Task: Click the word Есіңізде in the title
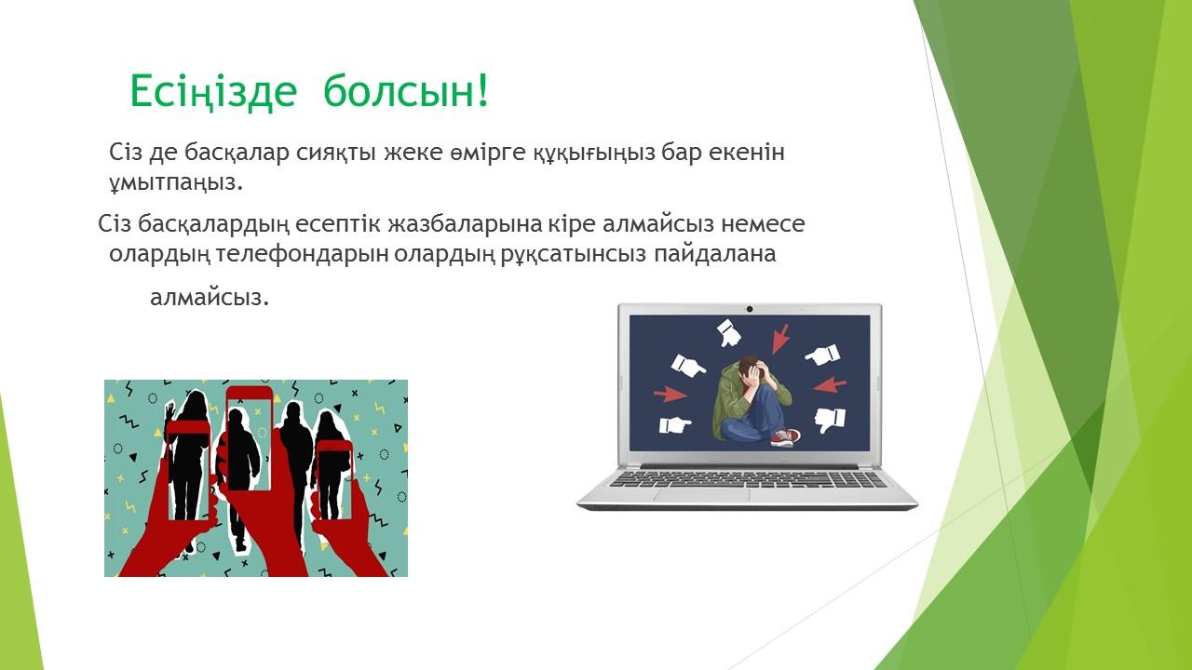(213, 91)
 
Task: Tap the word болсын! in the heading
(405, 90)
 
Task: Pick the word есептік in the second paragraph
(338, 225)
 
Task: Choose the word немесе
(763, 224)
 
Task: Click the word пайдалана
(714, 255)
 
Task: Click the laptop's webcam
(750, 309)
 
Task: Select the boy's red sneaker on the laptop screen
(785, 438)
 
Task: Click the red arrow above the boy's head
(779, 339)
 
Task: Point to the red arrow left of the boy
(670, 394)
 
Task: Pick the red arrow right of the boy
(830, 384)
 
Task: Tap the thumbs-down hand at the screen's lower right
(830, 420)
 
